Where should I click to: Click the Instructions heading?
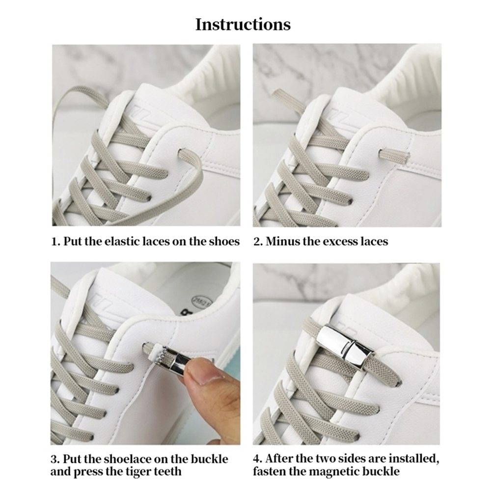click(243, 25)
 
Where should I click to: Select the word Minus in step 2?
click(281, 241)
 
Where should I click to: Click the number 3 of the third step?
click(54, 459)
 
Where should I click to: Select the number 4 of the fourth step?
click(256, 459)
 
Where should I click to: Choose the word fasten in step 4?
click(268, 471)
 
